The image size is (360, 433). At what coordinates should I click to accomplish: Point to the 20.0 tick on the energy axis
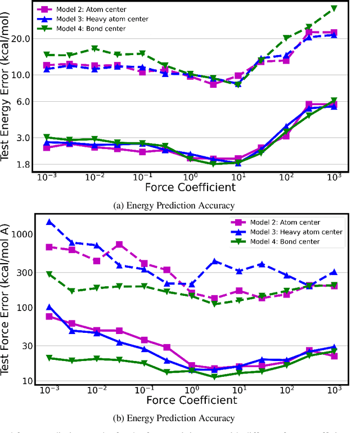tap(21, 39)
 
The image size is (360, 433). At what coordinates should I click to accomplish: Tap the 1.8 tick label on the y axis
tap(23, 165)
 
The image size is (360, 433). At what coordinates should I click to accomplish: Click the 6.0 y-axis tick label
tap(23, 102)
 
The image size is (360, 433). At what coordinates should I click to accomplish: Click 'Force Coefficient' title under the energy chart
tap(191, 187)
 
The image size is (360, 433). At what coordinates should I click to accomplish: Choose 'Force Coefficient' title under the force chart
tap(191, 400)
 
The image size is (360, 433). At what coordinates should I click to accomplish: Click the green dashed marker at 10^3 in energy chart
tap(334, 8)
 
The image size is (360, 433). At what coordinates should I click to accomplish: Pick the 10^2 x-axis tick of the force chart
tap(286, 390)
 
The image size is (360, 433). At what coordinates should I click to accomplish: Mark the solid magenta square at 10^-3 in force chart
tap(49, 317)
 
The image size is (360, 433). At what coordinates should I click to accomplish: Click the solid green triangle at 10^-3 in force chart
tap(49, 358)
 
